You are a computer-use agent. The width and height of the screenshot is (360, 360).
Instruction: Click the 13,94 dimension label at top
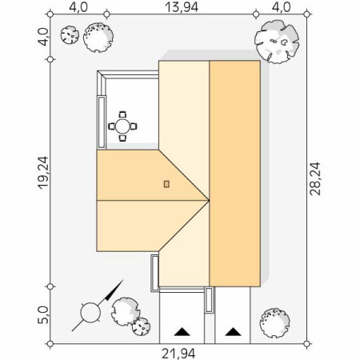click(x=182, y=7)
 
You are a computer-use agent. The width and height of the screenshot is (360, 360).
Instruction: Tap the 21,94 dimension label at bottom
click(x=178, y=354)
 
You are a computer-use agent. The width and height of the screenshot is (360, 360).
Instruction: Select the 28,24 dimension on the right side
click(x=315, y=178)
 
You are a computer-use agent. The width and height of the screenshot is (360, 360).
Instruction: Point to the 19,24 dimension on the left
click(x=43, y=173)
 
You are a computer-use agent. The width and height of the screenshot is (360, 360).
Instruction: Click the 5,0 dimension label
click(x=43, y=315)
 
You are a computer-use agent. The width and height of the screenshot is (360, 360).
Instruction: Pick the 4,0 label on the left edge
click(x=43, y=37)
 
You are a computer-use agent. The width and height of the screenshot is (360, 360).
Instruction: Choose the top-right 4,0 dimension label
click(x=281, y=7)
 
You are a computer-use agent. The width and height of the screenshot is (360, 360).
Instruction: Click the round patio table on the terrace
click(x=122, y=126)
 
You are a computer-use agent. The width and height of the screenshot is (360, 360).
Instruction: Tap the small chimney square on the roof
click(x=166, y=184)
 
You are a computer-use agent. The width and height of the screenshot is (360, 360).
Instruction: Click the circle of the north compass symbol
click(x=90, y=313)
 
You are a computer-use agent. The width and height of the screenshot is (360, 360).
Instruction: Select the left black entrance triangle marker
click(x=182, y=332)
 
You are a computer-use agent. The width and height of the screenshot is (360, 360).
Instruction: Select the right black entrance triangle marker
click(x=233, y=332)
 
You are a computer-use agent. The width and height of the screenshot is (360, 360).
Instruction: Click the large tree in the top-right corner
click(x=277, y=42)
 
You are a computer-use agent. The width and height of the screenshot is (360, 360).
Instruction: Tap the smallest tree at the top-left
click(x=70, y=34)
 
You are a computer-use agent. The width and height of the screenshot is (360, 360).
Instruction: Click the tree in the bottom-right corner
click(x=274, y=323)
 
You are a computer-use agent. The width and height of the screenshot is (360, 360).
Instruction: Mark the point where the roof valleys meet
click(x=209, y=200)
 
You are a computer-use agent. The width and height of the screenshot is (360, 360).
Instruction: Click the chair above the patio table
click(x=122, y=114)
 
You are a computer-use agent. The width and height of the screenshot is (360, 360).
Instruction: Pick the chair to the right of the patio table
click(x=134, y=126)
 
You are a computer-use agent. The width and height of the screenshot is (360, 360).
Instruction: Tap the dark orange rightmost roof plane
click(x=235, y=174)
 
